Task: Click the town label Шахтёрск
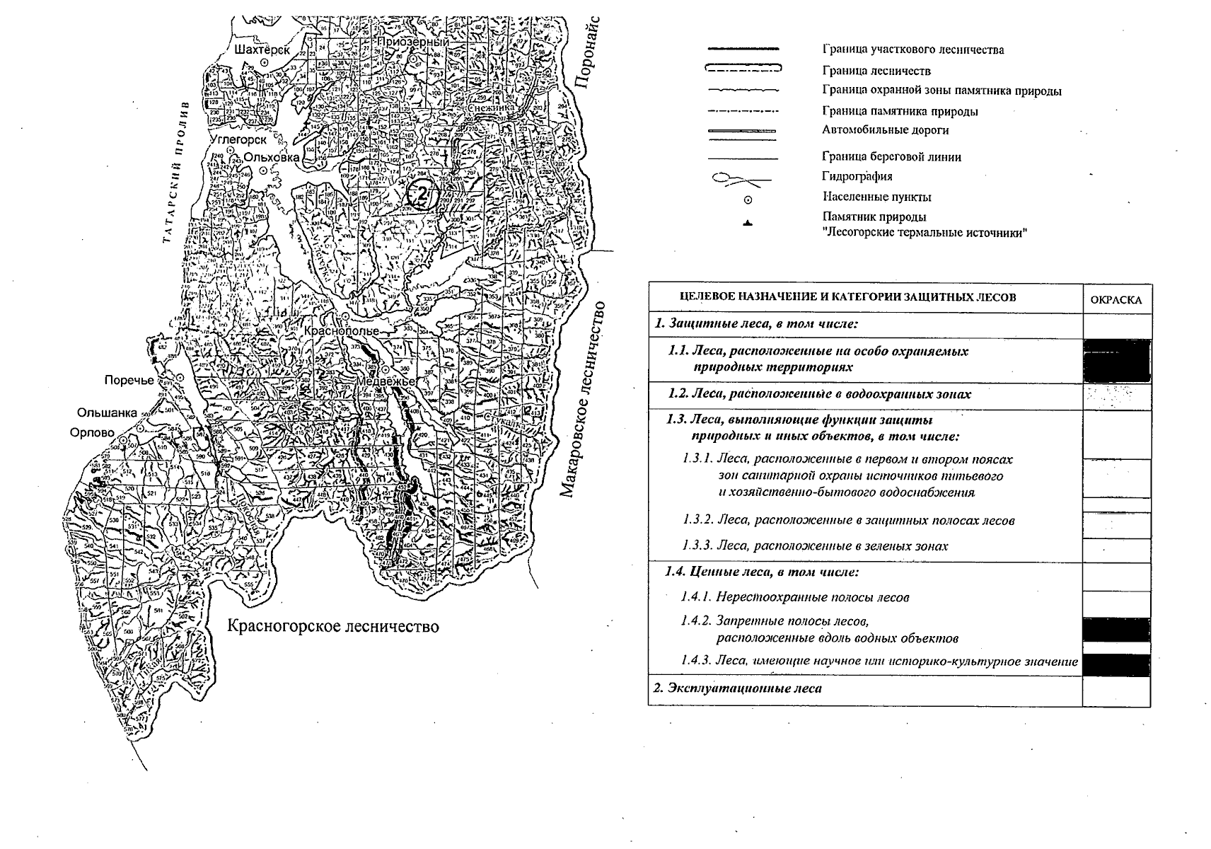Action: (262, 50)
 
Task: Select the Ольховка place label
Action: (271, 157)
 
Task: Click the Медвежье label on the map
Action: (386, 381)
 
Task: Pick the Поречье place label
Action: (129, 380)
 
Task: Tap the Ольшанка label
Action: (108, 412)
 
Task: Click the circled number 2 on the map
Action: (420, 193)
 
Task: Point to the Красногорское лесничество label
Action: (332, 626)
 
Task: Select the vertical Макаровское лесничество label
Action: (584, 399)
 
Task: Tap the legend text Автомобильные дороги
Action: (885, 130)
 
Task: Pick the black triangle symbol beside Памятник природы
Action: (748, 224)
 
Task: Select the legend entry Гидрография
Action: (857, 177)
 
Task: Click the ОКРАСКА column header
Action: (1116, 299)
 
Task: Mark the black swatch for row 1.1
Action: (1116, 360)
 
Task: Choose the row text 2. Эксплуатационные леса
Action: (737, 688)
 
